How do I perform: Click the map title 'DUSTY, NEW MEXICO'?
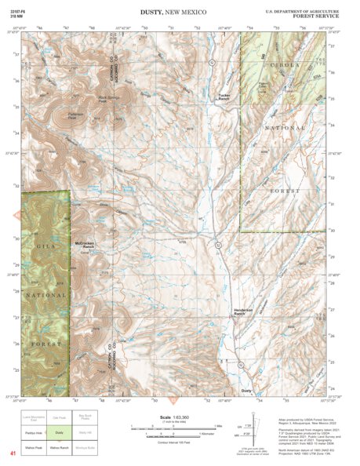tap(180, 13)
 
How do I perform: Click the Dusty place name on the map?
tap(246, 390)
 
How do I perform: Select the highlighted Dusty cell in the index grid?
tap(59, 431)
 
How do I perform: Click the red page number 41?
tap(13, 453)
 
